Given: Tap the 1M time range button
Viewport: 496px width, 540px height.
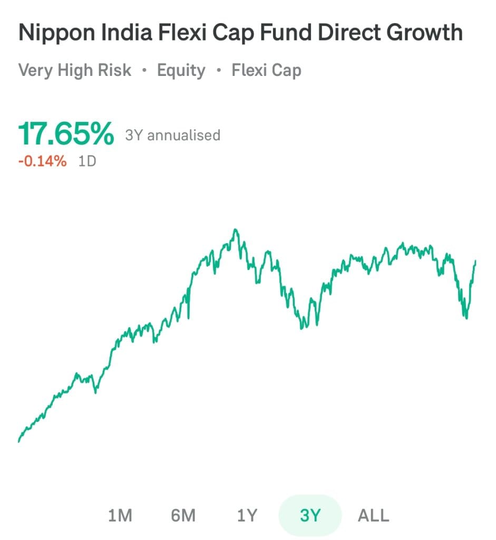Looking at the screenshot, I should pyautogui.click(x=120, y=515).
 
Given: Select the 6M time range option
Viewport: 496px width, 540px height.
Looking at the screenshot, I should pyautogui.click(x=183, y=515).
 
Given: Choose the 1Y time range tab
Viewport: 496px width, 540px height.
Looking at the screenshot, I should pyautogui.click(x=246, y=515).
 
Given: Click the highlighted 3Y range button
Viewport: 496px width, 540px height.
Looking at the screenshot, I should pyautogui.click(x=310, y=515).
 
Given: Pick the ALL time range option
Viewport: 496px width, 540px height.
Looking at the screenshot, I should pyautogui.click(x=373, y=515).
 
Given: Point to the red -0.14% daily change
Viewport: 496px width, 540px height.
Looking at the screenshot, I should pyautogui.click(x=42, y=161).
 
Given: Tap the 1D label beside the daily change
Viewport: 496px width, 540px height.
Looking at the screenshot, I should pyautogui.click(x=87, y=161).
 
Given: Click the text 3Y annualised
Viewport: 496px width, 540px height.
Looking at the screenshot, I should pyautogui.click(x=172, y=136).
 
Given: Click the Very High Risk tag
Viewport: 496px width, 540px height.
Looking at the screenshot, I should pyautogui.click(x=74, y=70).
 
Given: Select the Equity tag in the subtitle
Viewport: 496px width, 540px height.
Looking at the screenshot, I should pyautogui.click(x=181, y=70).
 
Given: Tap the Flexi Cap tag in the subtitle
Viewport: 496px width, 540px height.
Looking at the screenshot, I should pyautogui.click(x=266, y=70).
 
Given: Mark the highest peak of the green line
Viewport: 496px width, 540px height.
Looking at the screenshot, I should pyautogui.click(x=236, y=230).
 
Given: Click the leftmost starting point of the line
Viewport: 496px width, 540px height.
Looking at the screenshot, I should pyautogui.click(x=19, y=441).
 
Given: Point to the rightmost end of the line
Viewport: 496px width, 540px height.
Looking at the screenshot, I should pyautogui.click(x=475, y=261).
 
